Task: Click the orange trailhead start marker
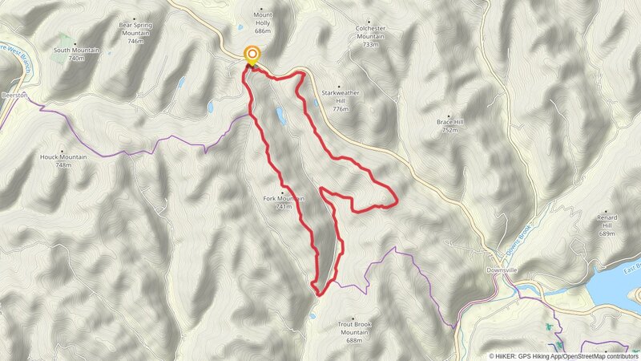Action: click(x=252, y=56)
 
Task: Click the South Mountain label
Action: click(x=76, y=50)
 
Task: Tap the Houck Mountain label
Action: click(x=63, y=156)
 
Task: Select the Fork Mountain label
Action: click(x=283, y=199)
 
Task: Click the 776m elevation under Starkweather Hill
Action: click(x=341, y=108)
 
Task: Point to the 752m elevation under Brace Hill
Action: click(x=449, y=129)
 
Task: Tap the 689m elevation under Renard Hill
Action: click(x=606, y=233)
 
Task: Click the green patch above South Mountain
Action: click(x=65, y=39)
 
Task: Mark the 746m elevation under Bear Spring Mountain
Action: click(x=135, y=41)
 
